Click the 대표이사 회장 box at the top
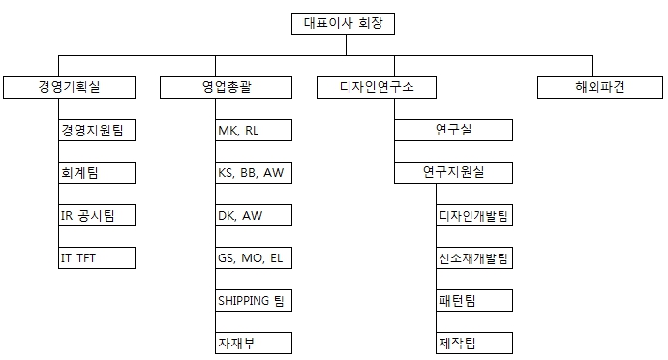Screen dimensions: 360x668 (343, 23)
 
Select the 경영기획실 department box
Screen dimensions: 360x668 (68, 87)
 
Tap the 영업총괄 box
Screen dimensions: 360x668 (226, 87)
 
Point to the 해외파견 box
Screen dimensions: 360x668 (593, 87)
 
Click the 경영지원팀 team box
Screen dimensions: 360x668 (96, 130)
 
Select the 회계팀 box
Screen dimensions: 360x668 (96, 172)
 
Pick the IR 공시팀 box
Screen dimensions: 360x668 (96, 215)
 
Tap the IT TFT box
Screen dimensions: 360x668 (96, 257)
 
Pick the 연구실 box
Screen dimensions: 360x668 (453, 130)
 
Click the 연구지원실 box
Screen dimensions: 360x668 (453, 172)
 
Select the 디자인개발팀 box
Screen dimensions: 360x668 (473, 215)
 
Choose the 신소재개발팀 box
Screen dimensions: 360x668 (473, 257)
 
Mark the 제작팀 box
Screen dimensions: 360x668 (473, 343)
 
